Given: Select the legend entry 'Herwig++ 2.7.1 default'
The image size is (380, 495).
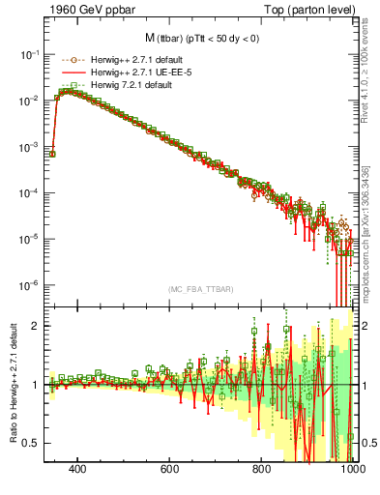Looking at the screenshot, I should [123, 61].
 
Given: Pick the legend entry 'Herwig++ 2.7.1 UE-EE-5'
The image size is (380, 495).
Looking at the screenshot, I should [125, 73].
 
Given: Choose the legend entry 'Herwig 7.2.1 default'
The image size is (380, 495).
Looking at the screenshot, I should [118, 86].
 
